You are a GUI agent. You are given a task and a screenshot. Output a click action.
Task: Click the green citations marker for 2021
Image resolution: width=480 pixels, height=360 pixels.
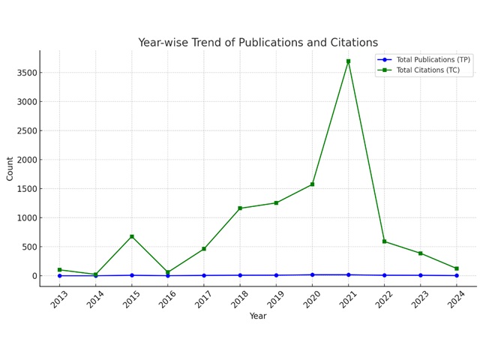348,61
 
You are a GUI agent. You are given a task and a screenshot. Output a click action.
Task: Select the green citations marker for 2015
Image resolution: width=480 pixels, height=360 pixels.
132,236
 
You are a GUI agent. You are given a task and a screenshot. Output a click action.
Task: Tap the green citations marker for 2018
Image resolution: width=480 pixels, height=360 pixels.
240,208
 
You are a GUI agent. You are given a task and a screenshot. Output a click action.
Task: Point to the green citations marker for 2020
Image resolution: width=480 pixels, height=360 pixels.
312,184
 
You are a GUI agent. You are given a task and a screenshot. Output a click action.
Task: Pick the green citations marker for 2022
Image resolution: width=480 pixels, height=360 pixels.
384,241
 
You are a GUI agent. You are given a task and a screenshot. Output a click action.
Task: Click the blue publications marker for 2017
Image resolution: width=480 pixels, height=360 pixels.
204,275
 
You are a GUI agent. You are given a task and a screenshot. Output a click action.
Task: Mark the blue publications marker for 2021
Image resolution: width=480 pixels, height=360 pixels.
348,274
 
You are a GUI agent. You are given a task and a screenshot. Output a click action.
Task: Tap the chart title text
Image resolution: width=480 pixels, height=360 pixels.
258,43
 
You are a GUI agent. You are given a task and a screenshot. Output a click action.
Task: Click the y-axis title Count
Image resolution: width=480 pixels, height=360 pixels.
10,168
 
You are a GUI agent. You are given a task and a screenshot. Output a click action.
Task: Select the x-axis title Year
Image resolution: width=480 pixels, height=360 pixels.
258,316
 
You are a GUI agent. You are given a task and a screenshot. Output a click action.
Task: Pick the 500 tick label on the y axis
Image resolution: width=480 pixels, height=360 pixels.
27,247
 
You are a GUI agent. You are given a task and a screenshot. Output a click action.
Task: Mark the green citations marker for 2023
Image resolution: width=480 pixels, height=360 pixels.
420,253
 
